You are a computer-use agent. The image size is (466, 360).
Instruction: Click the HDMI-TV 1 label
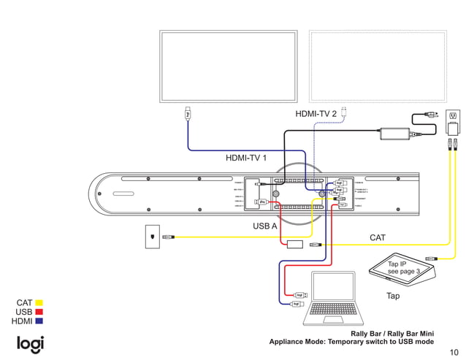[x=245, y=157]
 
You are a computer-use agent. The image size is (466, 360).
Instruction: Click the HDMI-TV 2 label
[x=316, y=114]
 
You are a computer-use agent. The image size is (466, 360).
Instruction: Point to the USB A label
[x=264, y=226]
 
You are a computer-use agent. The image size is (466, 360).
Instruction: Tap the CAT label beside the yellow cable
[x=377, y=238]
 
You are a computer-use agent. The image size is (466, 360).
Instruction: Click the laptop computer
[x=332, y=299]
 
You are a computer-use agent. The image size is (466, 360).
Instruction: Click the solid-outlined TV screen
[x=229, y=66]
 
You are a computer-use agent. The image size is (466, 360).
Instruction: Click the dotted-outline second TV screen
[x=378, y=66]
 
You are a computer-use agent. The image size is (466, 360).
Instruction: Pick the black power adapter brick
[x=394, y=134]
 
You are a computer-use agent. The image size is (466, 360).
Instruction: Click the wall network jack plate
[x=152, y=237]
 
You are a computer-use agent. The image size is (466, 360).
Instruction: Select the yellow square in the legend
[x=39, y=302]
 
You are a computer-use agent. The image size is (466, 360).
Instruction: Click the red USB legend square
[x=39, y=312]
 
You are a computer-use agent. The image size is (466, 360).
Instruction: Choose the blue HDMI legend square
[x=39, y=321]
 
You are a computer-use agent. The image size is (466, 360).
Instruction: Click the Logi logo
[x=31, y=343]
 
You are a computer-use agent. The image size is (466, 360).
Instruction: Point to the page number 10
[x=455, y=351]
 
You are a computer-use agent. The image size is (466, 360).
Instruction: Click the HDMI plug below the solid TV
[x=188, y=114]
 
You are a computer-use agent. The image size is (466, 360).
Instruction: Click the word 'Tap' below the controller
[x=393, y=296]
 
